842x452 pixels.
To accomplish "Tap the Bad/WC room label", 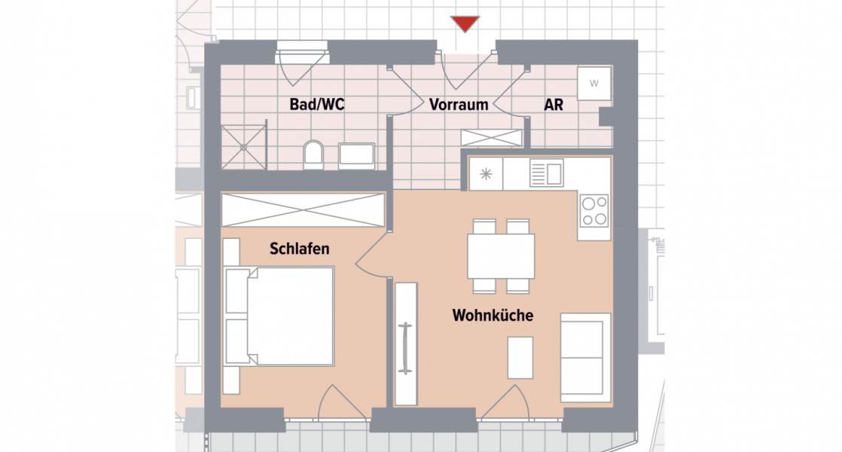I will click(317, 105).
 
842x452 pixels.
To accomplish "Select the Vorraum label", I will click(459, 105).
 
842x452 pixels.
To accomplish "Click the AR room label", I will click(554, 105).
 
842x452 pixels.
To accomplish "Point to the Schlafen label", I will click(300, 249).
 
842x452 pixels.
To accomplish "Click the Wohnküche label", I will click(493, 316).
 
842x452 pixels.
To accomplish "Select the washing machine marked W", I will click(593, 84).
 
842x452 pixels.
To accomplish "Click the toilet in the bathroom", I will click(313, 156).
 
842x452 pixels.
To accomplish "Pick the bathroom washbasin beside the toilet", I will click(362, 155).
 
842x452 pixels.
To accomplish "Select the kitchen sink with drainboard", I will click(546, 174).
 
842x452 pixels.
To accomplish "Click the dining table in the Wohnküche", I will click(501, 256).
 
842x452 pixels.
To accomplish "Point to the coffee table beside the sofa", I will click(520, 358).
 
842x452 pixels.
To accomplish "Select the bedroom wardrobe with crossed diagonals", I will click(303, 209).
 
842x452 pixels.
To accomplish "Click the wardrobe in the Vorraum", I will click(492, 138).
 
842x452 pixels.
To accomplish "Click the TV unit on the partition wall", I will click(405, 344).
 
